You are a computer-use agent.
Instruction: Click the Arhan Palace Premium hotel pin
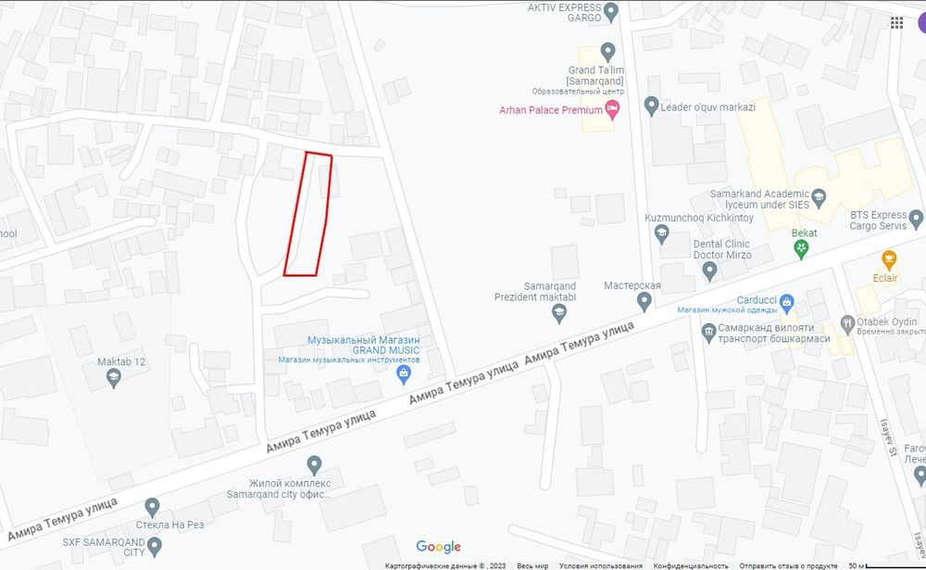pos(612,110)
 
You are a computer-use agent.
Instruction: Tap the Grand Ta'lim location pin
pos(607,50)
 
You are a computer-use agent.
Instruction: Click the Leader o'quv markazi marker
pos(651,106)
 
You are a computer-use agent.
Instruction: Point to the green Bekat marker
pos(802,248)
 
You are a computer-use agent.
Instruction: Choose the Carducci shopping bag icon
pos(787,301)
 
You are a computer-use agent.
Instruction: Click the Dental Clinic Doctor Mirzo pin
pos(709,271)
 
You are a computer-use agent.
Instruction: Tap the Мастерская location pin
pos(644,301)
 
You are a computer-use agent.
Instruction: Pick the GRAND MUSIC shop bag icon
pos(403,374)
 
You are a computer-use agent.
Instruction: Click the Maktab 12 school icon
pos(113,377)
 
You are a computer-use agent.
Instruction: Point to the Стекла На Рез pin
pos(153,507)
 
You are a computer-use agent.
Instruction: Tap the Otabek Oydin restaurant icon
pos(846,324)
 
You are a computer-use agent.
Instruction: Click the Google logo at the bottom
pos(438,547)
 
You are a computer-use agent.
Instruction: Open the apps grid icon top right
pos(896,22)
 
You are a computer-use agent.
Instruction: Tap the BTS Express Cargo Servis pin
pos(916,220)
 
